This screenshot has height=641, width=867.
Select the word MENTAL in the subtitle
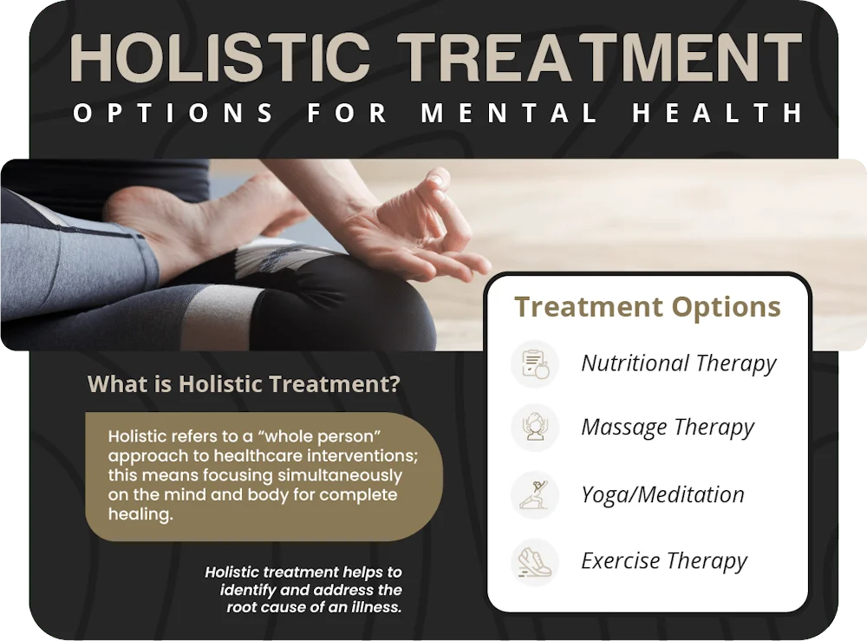click(x=510, y=114)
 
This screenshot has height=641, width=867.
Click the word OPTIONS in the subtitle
click(x=173, y=114)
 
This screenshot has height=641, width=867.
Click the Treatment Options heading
click(x=647, y=307)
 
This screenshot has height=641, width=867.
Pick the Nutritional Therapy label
click(x=679, y=363)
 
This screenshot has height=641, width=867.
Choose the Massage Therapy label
click(x=668, y=428)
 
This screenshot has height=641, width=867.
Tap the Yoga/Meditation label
click(x=662, y=494)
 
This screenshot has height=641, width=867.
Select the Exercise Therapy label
click(x=664, y=561)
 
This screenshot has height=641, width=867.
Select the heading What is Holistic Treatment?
click(x=244, y=383)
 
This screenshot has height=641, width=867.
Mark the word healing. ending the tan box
click(x=140, y=514)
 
